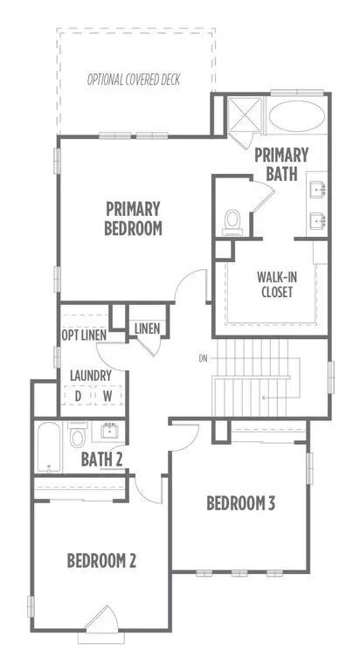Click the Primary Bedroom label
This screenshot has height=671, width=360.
[133, 218]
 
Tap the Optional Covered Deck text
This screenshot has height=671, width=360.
[134, 80]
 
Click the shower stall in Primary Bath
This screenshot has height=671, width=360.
[244, 114]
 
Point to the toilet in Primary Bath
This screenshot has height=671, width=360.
[232, 223]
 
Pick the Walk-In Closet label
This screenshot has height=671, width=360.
[276, 284]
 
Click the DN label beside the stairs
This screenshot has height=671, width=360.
[203, 358]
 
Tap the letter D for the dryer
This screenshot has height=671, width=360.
[78, 397]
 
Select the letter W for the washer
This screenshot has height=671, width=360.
[107, 397]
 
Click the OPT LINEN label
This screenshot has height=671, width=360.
[84, 335]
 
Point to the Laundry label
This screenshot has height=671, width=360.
[91, 377]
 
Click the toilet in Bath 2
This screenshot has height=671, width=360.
[78, 435]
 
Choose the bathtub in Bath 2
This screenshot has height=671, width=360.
[48, 447]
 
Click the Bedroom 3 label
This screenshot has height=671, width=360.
[240, 503]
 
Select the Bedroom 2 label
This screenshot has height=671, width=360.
[101, 561]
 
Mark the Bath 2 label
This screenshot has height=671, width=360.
[102, 460]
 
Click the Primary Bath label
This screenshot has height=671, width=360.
[281, 164]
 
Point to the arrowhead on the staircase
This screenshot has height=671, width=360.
[265, 398]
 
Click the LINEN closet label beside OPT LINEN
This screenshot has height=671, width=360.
[147, 329]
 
